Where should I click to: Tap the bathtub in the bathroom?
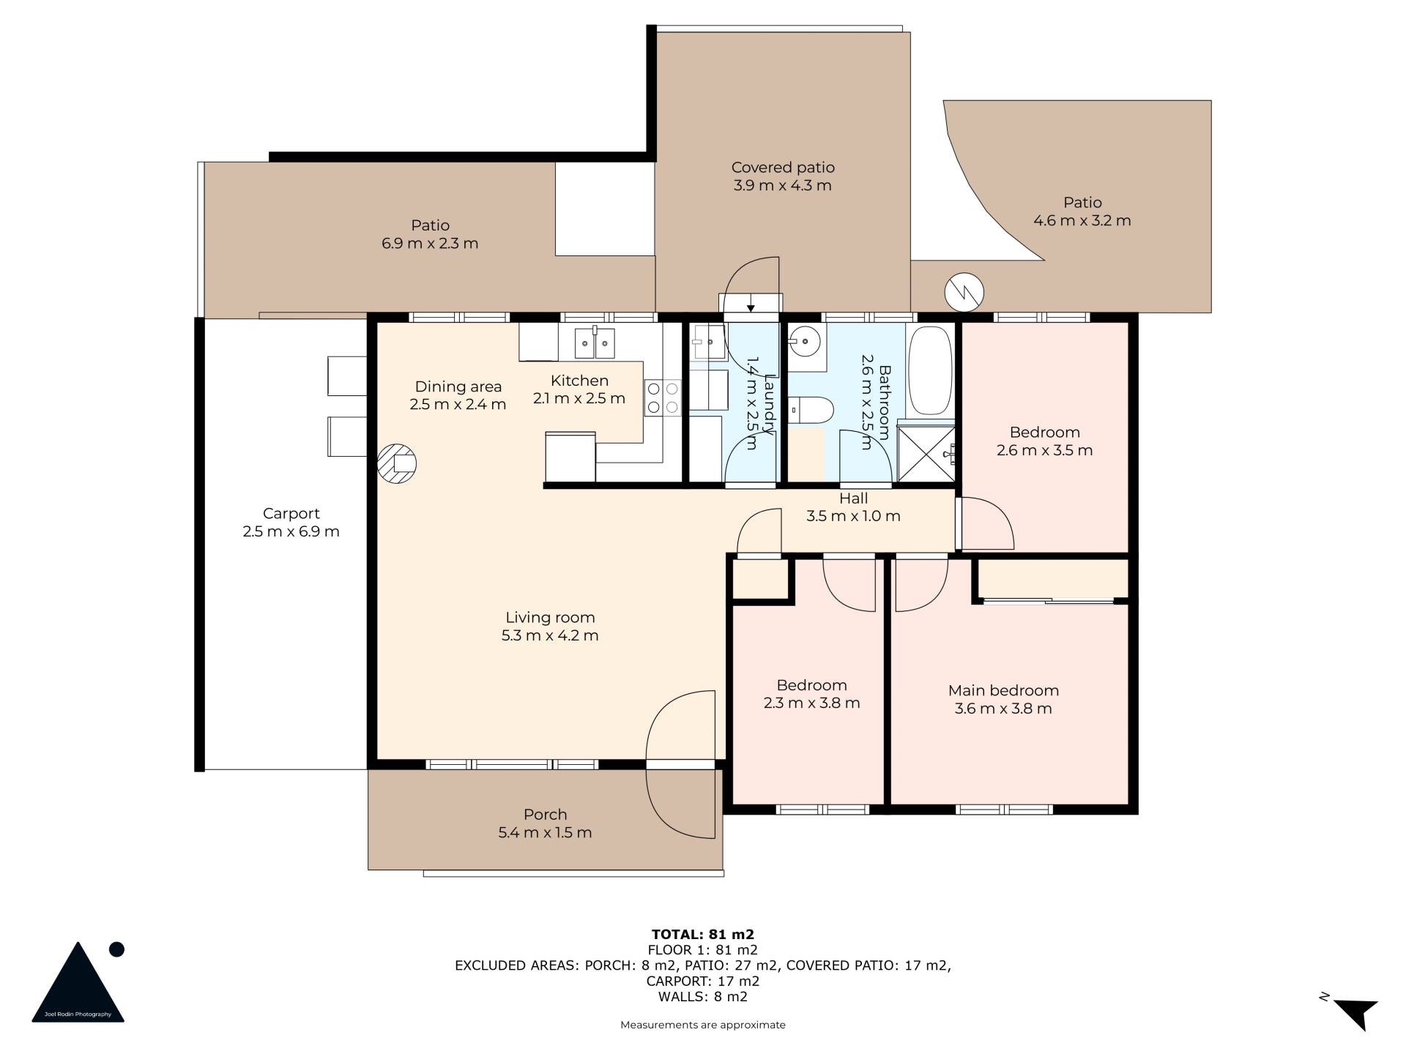click(x=930, y=372)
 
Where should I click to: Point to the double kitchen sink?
click(x=595, y=343)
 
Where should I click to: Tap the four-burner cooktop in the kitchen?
click(x=663, y=397)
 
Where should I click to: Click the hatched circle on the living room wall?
click(x=397, y=463)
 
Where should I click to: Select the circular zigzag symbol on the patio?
click(x=964, y=292)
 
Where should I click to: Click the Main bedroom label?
click(x=1003, y=690)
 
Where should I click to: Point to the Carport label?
click(x=291, y=514)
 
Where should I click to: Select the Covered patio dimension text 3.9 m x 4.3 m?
click(x=783, y=185)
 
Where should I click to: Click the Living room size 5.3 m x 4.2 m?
click(x=550, y=635)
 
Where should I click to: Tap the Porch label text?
click(x=545, y=814)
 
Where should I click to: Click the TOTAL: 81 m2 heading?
click(x=703, y=934)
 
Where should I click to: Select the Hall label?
click(x=853, y=498)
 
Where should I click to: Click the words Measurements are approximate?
click(x=703, y=1025)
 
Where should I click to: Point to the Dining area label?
click(x=458, y=386)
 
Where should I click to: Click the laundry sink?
click(x=709, y=343)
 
